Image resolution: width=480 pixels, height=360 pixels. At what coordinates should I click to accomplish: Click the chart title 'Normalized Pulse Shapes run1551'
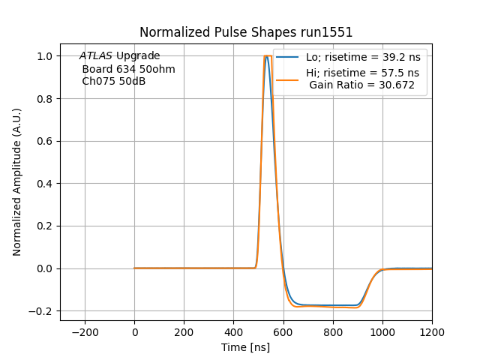coord(246,32)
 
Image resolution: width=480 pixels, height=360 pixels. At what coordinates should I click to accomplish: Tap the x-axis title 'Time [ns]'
coord(245,347)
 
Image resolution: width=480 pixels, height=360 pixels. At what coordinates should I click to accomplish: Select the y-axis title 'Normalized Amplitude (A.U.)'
coord(17,182)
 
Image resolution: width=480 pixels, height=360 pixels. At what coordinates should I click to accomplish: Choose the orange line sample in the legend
coord(289,73)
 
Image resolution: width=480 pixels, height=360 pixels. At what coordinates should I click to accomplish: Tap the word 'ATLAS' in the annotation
coord(95,56)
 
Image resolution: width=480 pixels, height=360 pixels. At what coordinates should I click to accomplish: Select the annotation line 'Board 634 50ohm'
coord(128,69)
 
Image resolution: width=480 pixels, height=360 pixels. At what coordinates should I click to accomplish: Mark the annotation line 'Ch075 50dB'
coord(113,81)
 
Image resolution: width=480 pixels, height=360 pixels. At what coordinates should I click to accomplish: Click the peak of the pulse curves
coord(267,56)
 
